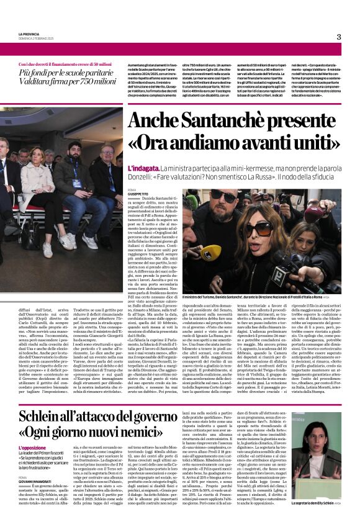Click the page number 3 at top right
coord(339,37)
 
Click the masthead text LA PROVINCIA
coord(29,34)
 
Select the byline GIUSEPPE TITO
coord(138,194)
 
